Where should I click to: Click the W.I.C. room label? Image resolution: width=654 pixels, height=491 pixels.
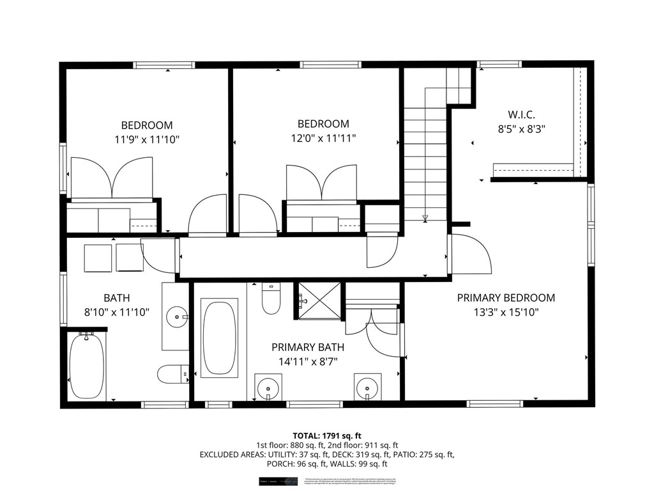point(521,115)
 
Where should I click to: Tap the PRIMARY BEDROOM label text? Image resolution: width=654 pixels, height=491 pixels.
point(506,298)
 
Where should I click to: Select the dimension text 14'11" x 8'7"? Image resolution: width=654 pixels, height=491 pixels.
point(308,361)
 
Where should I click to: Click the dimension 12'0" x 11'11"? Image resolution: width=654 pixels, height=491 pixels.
point(323,137)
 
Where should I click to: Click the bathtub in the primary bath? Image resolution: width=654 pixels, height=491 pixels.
point(219,338)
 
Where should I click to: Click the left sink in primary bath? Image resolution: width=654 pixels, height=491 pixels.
point(268,387)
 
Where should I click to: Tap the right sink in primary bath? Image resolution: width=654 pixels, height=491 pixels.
point(367,387)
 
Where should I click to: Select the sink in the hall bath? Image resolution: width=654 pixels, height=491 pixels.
point(176,315)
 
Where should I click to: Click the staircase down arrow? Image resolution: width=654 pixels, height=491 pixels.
point(425,219)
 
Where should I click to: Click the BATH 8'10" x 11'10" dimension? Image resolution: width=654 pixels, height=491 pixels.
point(117,313)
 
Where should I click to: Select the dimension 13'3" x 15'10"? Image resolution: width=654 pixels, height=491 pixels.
point(506,313)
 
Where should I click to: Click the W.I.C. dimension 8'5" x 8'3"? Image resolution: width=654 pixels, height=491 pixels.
point(521,129)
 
